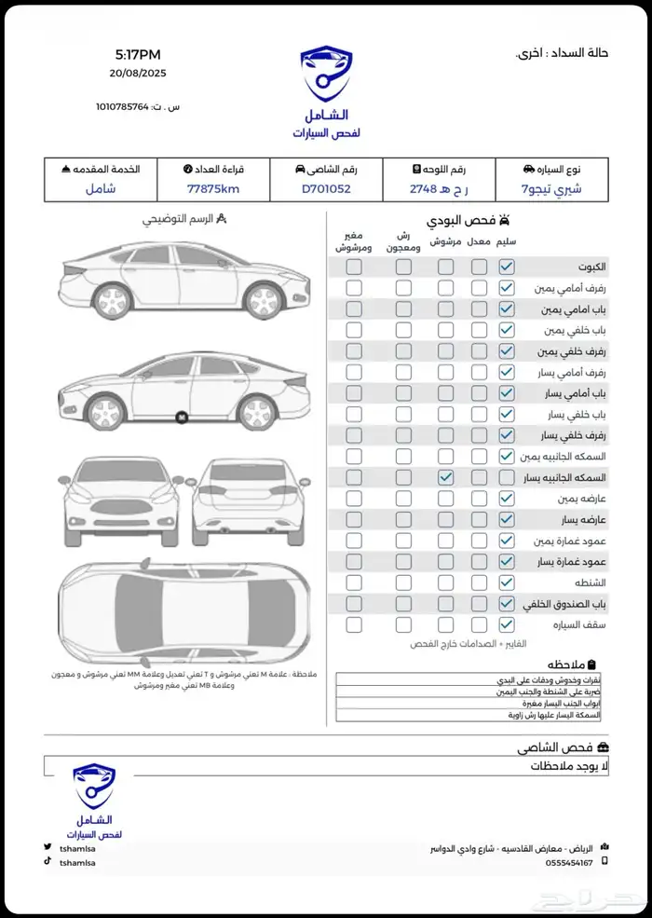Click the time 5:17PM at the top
(x=137, y=54)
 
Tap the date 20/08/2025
(x=137, y=73)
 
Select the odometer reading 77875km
(x=213, y=189)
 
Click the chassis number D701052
(x=326, y=189)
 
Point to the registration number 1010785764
(x=122, y=107)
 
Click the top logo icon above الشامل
(x=326, y=75)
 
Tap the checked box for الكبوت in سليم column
(x=506, y=267)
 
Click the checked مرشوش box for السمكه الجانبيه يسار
(x=446, y=477)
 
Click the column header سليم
(x=507, y=241)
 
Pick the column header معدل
(x=479, y=241)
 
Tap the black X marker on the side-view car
(x=182, y=418)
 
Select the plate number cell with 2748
(x=439, y=189)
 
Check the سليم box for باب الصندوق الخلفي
(x=506, y=604)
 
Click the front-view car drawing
(x=120, y=503)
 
